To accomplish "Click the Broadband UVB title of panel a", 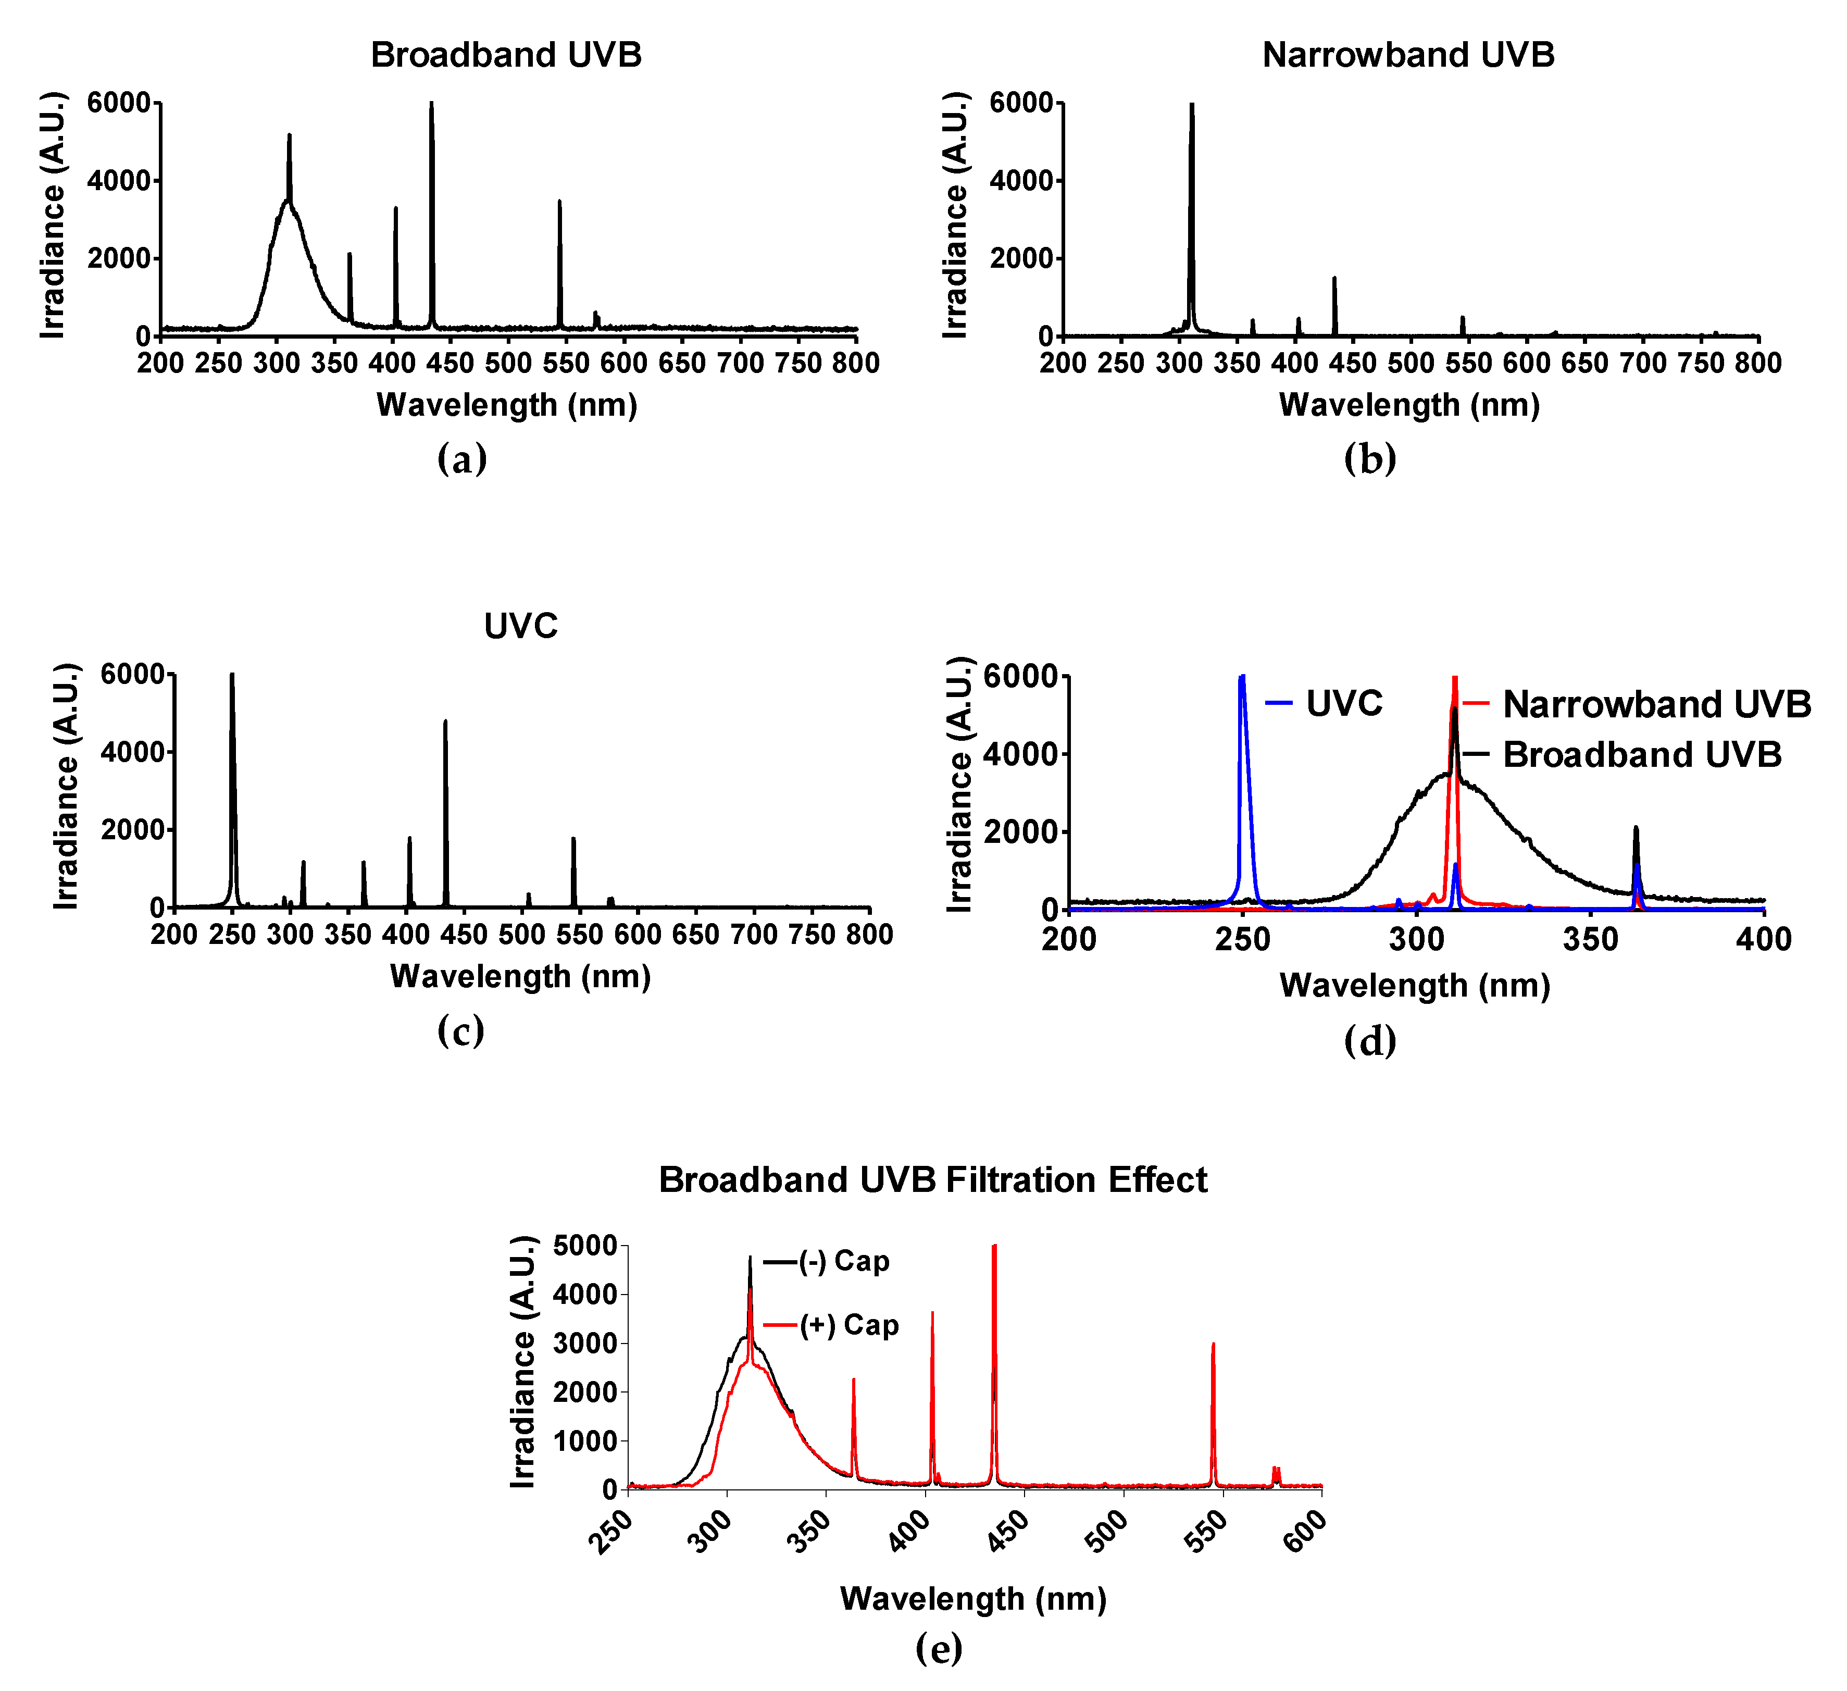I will [x=506, y=55].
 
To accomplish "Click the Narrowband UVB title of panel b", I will [x=1408, y=55].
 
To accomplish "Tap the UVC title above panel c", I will [x=520, y=626].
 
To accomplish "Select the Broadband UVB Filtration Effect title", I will [x=933, y=1179].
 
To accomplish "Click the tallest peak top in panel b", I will [x=1192, y=105].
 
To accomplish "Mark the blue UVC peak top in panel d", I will [x=1242, y=677].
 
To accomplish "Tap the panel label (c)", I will [x=461, y=1031].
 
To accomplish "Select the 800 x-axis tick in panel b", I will [x=1758, y=363].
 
